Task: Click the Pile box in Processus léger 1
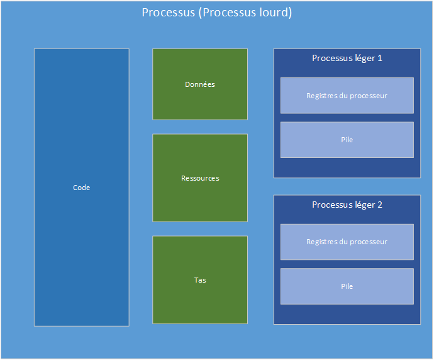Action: tap(347, 140)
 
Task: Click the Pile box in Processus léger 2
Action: tap(347, 286)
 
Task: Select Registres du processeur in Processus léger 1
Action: tap(347, 96)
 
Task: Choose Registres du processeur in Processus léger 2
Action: tap(347, 242)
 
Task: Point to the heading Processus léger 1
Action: tap(347, 58)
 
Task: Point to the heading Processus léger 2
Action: tap(347, 205)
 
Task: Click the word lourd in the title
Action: tap(274, 13)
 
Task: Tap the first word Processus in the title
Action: tap(168, 13)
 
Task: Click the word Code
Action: tap(81, 188)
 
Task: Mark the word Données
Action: tap(200, 84)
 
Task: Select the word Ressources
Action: tap(200, 178)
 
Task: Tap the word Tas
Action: tap(200, 280)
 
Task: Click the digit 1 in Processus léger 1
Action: tap(380, 58)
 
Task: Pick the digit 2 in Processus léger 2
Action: tap(380, 205)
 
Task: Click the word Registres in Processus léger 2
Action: tap(321, 242)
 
